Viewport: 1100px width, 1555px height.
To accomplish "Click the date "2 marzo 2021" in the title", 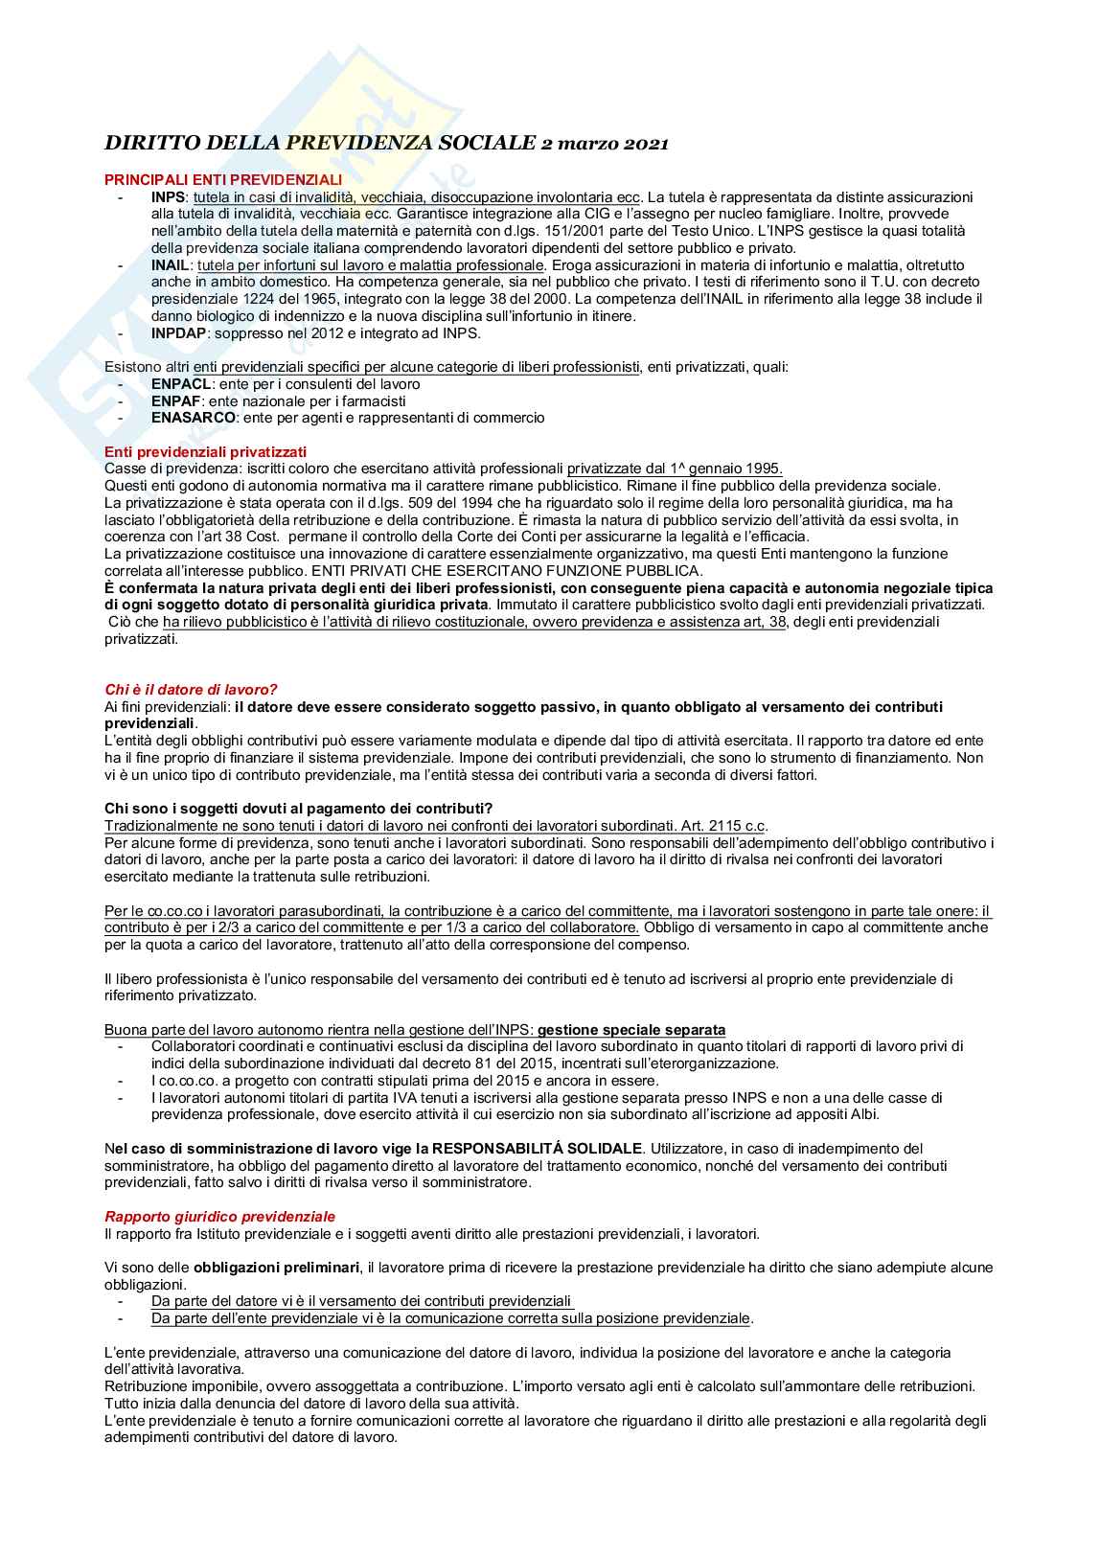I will coord(604,144).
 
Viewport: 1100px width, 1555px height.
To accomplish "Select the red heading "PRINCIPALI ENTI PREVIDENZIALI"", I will coord(222,179).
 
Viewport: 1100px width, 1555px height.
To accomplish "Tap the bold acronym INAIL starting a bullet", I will coord(171,264).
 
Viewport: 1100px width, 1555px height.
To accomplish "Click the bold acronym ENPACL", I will coord(179,383).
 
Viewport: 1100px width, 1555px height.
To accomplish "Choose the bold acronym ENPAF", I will coord(175,400).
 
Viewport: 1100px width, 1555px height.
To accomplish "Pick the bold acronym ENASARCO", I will coord(193,418).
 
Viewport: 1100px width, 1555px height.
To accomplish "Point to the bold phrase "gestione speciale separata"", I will coord(631,1029).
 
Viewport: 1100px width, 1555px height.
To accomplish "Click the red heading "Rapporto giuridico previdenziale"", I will coord(219,1216).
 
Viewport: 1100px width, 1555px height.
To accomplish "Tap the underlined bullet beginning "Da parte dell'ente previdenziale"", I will coord(450,1318).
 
